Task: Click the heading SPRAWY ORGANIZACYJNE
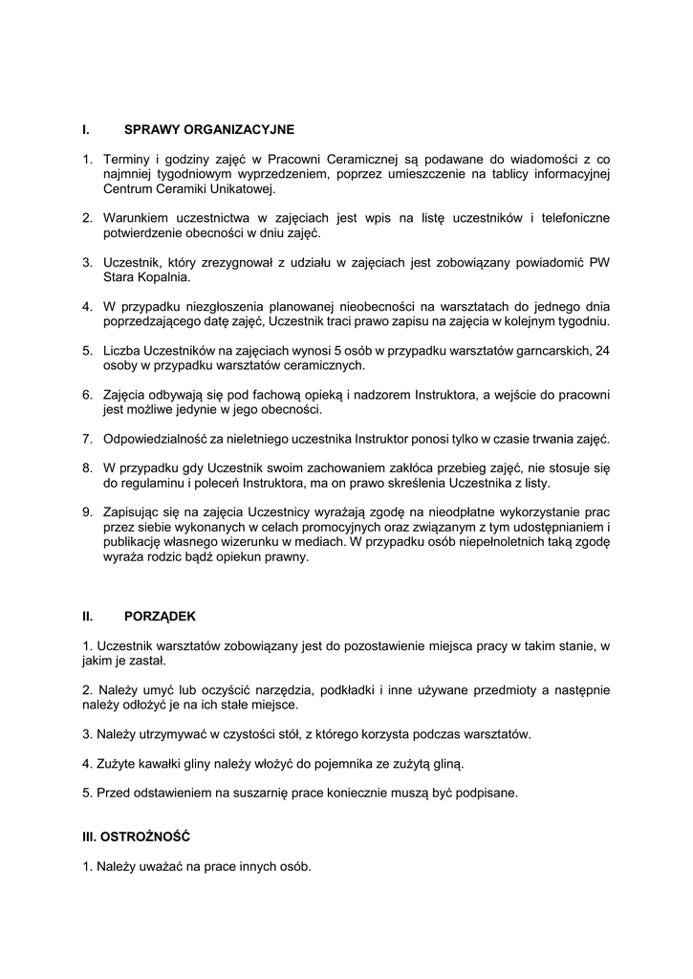click(209, 129)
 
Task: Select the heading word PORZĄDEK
click(160, 617)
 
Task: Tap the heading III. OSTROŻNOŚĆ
click(137, 837)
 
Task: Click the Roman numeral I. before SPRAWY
click(86, 129)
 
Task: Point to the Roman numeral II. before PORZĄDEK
click(88, 617)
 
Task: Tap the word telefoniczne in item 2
click(570, 219)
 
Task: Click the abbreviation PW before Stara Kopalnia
click(599, 263)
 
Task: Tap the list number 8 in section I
click(86, 468)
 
